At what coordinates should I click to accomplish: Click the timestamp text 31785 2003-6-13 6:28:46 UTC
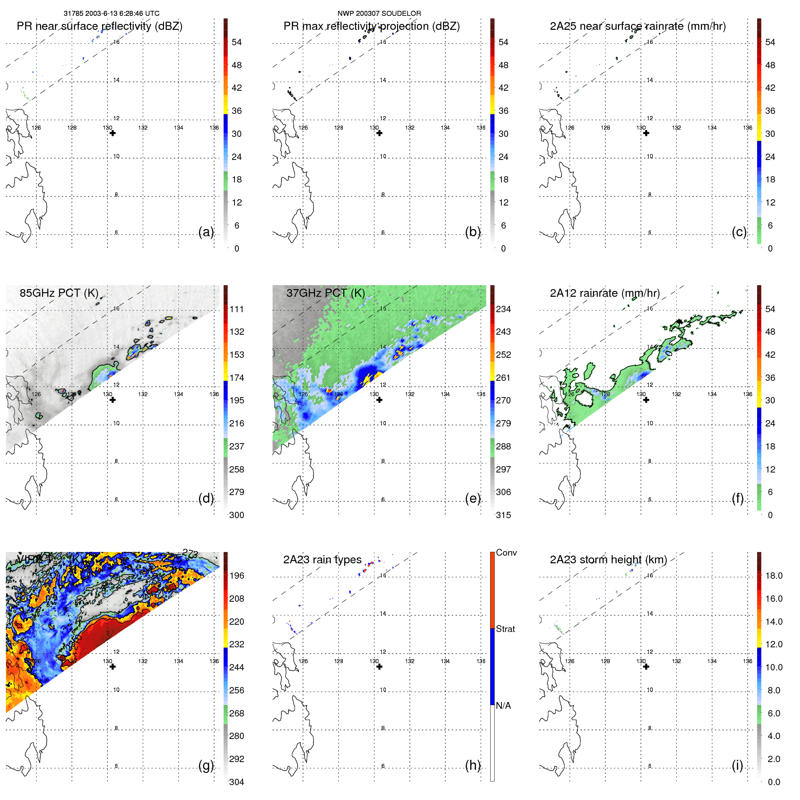point(111,14)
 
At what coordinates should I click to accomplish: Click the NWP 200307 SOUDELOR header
point(379,14)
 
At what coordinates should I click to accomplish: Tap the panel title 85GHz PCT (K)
point(59,293)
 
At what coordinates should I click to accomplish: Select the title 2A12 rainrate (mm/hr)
point(604,293)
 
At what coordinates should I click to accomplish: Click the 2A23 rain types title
point(322,560)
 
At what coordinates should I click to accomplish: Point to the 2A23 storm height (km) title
point(608,560)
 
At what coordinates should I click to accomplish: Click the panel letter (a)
point(206,232)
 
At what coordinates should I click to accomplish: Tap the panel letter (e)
point(473,498)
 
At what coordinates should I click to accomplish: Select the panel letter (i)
point(737,765)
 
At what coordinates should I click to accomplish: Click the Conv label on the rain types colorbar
point(506,552)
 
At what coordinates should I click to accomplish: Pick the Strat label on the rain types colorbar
point(505,629)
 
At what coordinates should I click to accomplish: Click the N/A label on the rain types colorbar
point(503,706)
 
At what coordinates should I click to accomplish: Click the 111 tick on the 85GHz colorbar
point(237,309)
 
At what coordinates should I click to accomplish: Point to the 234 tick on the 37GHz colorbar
point(503,309)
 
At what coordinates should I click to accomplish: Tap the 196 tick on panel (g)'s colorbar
point(237,575)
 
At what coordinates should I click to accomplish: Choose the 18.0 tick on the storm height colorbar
point(774,575)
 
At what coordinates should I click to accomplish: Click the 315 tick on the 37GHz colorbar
point(503,515)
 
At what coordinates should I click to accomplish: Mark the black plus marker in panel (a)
point(112,133)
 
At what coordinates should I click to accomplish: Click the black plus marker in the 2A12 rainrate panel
point(646,400)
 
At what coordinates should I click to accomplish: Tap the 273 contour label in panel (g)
point(190,552)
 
